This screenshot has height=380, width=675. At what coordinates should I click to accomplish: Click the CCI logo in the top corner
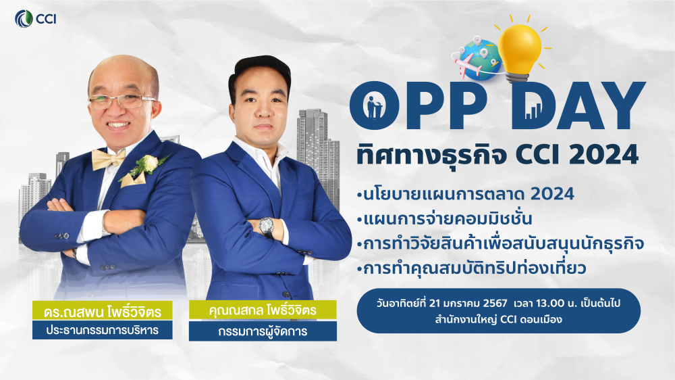click(x=35, y=19)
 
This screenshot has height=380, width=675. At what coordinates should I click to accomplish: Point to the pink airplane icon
click(x=466, y=64)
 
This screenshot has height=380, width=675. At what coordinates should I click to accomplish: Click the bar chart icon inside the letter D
click(x=533, y=111)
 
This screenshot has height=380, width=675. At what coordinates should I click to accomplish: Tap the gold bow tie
click(x=108, y=159)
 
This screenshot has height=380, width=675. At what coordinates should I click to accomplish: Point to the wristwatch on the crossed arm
click(x=266, y=227)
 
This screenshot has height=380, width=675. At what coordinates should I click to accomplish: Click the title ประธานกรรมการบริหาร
click(x=103, y=331)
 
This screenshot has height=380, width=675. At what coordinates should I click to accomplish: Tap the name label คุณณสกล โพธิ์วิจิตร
click(x=263, y=310)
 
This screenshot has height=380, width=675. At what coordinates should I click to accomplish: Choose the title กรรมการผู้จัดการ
click(x=263, y=331)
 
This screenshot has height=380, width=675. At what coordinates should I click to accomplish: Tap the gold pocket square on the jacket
click(x=132, y=179)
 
